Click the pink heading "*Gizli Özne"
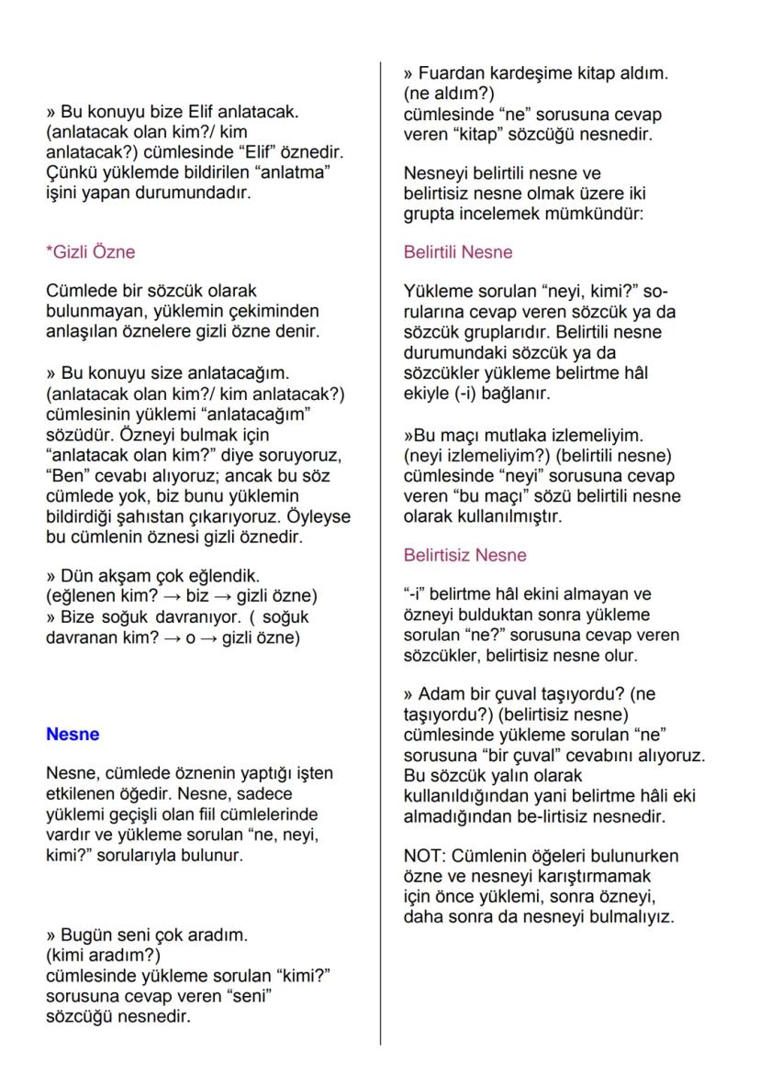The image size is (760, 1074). pyautogui.click(x=90, y=252)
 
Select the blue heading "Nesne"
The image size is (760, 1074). pyautogui.click(x=72, y=735)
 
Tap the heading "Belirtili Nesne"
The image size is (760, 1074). pyautogui.click(x=458, y=252)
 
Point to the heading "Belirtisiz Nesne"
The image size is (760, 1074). pyautogui.click(x=464, y=555)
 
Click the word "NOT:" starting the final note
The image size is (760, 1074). pyautogui.click(x=425, y=856)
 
